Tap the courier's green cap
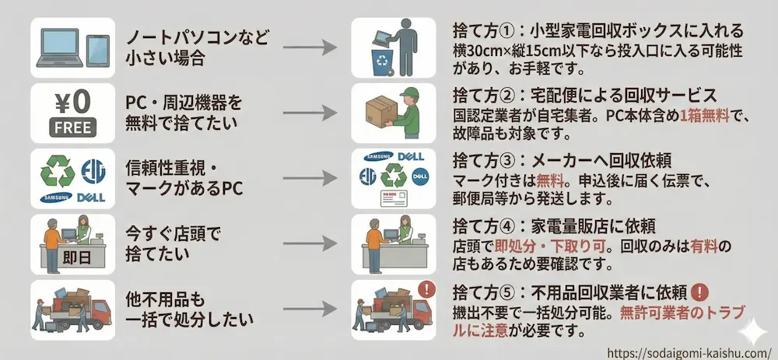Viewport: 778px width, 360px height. [x=406, y=93]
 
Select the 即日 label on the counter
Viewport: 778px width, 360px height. [x=63, y=257]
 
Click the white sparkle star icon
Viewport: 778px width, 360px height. [x=752, y=330]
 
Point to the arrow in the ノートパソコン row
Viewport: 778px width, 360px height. [x=310, y=48]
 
